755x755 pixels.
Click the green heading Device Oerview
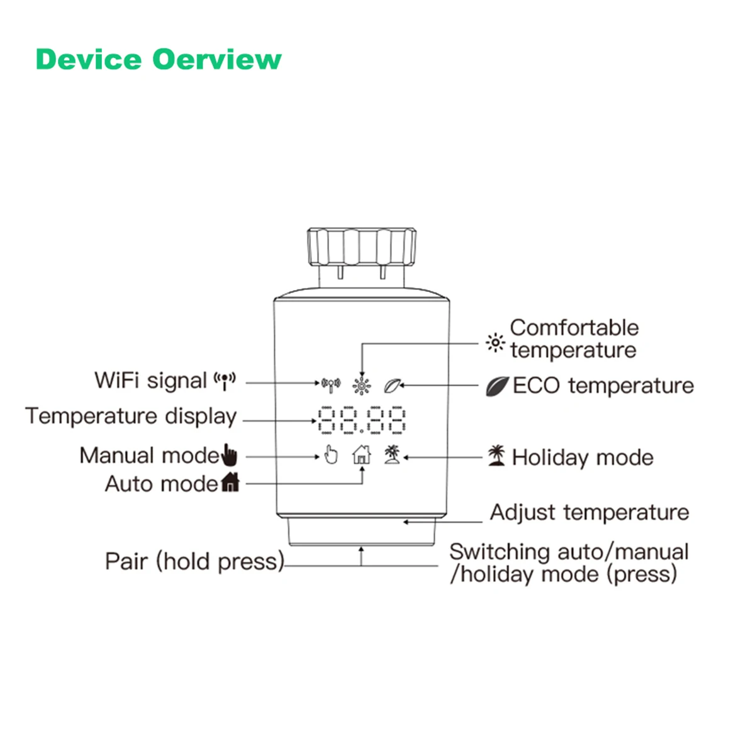159,60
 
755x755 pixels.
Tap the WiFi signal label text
150,381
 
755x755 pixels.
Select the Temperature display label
131,417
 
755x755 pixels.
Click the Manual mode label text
149,455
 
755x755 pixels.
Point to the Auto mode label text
161,484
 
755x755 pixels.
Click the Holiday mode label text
583,457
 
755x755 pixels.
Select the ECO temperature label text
603,386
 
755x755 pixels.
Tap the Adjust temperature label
590,513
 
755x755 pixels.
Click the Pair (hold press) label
194,561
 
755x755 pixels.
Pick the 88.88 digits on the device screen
362,420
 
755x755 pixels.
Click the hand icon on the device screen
330,454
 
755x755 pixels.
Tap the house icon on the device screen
362,454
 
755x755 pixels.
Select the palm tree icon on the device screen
393,454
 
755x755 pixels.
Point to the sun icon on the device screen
362,385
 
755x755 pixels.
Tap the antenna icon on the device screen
330,384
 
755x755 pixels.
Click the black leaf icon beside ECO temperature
496,386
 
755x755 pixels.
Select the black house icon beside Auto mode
230,483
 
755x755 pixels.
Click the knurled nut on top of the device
362,247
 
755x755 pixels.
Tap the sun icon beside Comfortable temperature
496,343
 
